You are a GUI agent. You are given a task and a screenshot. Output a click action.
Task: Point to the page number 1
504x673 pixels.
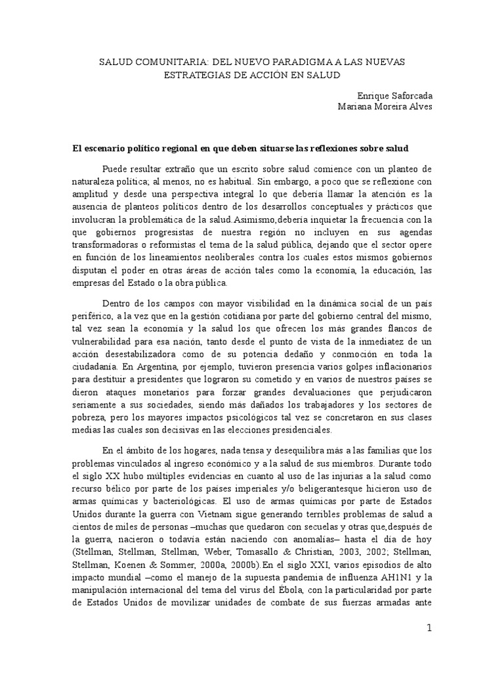pyautogui.click(x=429, y=628)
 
